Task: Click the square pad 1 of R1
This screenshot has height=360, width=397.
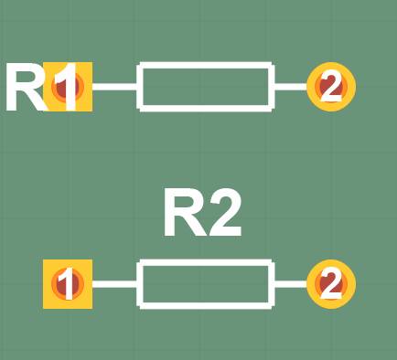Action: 68,88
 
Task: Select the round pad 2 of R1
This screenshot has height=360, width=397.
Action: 330,87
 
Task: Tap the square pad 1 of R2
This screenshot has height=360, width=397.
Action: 68,284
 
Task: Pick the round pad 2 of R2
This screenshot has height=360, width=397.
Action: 330,284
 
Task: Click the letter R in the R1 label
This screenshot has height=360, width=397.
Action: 26,89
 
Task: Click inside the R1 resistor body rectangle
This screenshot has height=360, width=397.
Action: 205,87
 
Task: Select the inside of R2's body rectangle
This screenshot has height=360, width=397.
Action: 205,284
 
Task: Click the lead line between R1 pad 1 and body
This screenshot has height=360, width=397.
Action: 114,87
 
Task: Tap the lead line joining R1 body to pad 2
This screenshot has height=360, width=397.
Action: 290,87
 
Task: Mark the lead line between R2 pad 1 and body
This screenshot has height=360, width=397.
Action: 114,284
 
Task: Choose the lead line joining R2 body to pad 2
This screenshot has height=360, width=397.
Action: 290,284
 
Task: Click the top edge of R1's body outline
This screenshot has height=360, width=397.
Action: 205,66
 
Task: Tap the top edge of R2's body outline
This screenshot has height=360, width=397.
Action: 205,263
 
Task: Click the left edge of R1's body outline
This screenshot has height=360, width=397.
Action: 139,87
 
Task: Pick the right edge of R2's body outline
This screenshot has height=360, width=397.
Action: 271,284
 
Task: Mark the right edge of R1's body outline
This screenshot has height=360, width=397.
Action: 271,87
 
